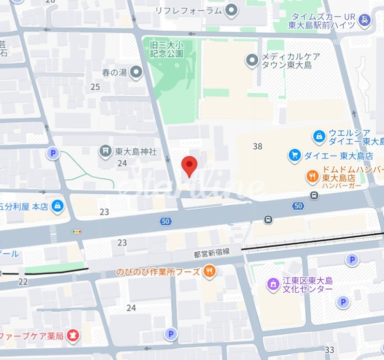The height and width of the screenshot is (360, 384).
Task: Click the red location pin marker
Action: (x=189, y=166)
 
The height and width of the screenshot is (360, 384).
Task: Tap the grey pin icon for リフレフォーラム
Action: (x=232, y=10)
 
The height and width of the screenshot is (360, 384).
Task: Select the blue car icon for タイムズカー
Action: (x=365, y=20)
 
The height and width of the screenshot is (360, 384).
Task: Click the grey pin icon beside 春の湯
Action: (x=137, y=73)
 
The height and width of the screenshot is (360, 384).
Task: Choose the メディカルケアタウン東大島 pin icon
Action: (x=251, y=60)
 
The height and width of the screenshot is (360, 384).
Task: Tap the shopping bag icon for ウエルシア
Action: (x=319, y=137)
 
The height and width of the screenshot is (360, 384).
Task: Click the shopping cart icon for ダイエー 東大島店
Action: (x=294, y=155)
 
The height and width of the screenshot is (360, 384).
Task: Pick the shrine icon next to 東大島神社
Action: (x=105, y=151)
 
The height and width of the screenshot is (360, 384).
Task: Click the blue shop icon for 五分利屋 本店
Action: (x=58, y=206)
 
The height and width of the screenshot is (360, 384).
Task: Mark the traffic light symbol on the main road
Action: (x=77, y=231)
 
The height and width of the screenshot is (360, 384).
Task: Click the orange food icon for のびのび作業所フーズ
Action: (x=209, y=272)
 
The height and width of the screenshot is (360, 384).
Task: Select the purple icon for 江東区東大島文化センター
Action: (x=273, y=284)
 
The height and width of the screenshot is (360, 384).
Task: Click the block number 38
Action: (x=258, y=146)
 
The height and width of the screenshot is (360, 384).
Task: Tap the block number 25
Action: (x=95, y=87)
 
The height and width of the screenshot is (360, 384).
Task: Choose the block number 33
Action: (x=330, y=349)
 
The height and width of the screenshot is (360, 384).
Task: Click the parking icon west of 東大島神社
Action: (x=53, y=154)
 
